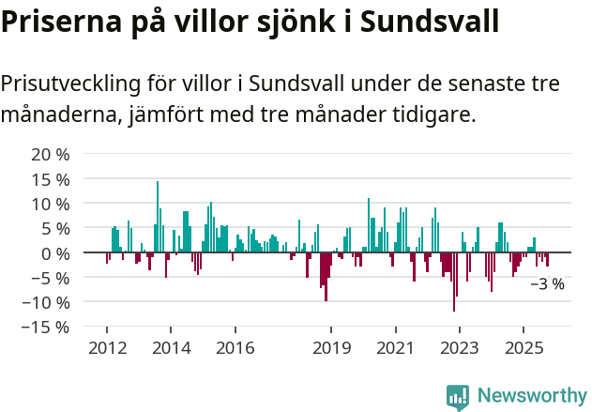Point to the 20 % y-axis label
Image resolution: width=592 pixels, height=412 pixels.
[x=50, y=154]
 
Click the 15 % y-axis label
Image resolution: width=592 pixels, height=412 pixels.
[x=50, y=178]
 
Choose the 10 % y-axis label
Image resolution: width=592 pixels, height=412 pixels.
[x=50, y=204]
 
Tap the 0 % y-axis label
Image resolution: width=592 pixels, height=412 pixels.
[x=54, y=253]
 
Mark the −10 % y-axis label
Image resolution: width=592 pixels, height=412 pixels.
[x=45, y=302]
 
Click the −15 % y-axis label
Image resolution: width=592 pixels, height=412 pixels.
[x=45, y=328]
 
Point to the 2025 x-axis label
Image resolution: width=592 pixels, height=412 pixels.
[x=523, y=348]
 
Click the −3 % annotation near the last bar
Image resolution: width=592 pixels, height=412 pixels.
[x=547, y=284]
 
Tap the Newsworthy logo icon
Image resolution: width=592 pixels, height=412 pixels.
[x=458, y=396]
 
